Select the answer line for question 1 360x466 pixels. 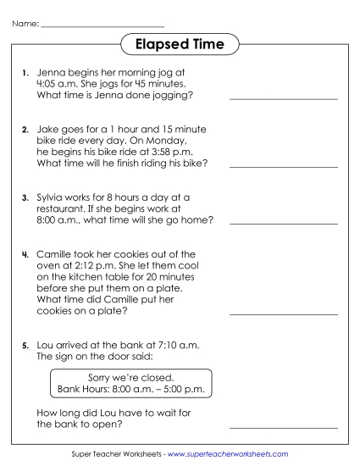(x=283, y=100)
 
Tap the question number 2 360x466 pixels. (x=25, y=130)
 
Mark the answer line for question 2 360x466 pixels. (x=283, y=167)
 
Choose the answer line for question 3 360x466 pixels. (x=283, y=224)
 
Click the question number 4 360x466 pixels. (x=25, y=253)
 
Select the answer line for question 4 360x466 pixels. (x=283, y=314)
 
